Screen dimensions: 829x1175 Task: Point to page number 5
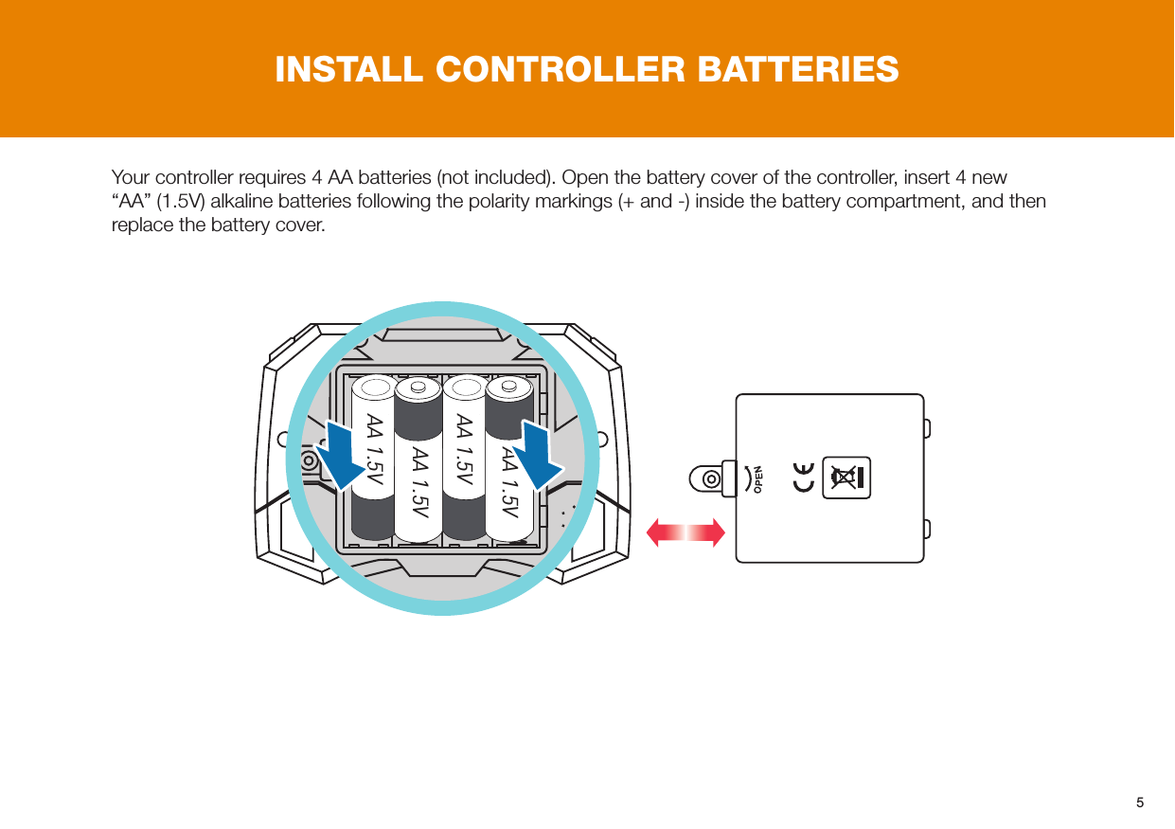pyautogui.click(x=1140, y=802)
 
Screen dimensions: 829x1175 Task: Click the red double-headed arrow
pyautogui.click(x=686, y=533)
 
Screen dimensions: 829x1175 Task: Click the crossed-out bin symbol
pyautogui.click(x=846, y=477)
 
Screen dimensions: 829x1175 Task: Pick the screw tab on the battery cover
pyautogui.click(x=713, y=478)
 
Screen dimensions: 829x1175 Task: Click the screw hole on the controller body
pyautogui.click(x=309, y=460)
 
